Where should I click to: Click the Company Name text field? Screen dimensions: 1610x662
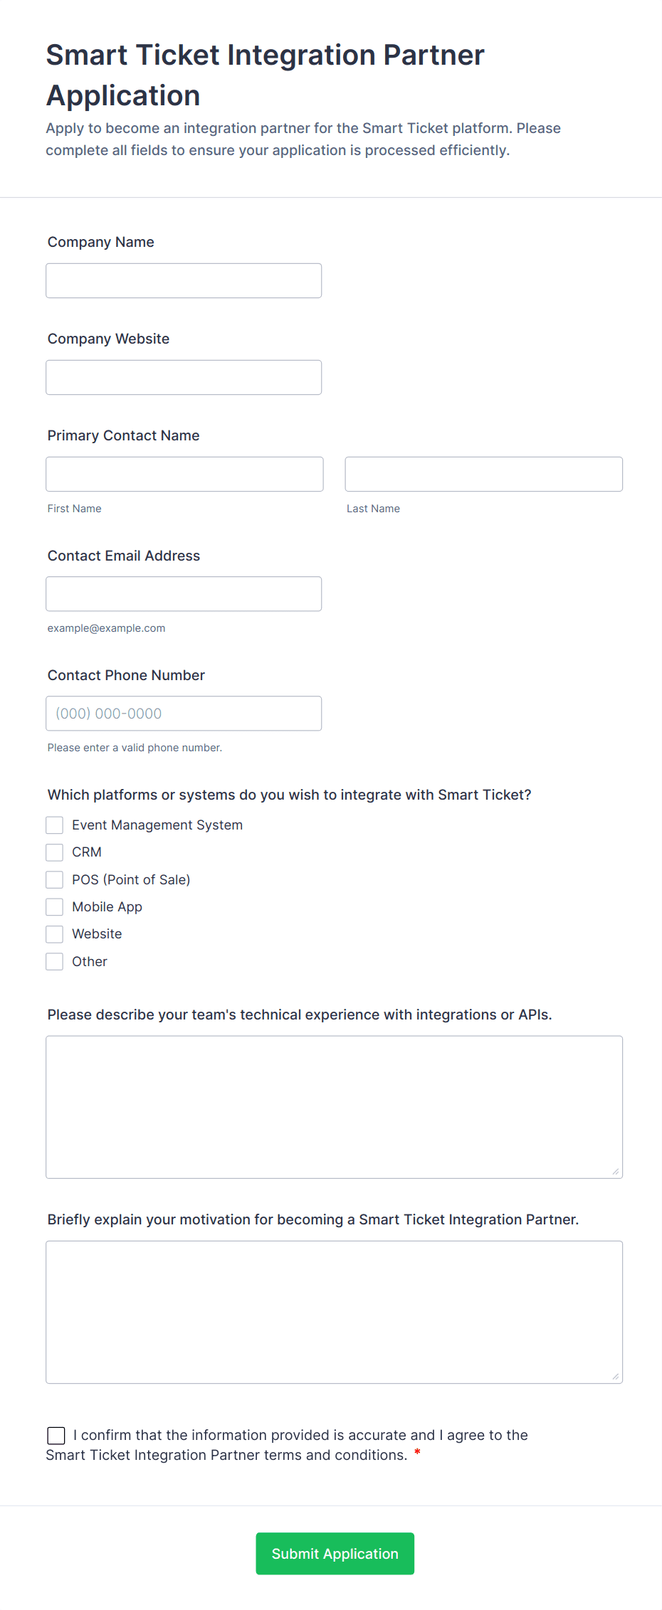(x=184, y=281)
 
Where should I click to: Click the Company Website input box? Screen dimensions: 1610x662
(x=184, y=378)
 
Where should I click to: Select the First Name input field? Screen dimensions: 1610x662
(x=184, y=475)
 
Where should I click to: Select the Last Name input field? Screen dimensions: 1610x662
(x=483, y=475)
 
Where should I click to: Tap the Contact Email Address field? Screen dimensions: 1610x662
(x=184, y=594)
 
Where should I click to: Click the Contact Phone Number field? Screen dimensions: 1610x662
(x=184, y=714)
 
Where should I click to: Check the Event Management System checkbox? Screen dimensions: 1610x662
(x=55, y=825)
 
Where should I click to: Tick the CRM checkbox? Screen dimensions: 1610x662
(x=55, y=852)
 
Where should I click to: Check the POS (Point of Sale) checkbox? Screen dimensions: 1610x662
(x=55, y=880)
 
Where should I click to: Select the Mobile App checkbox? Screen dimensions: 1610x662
(x=55, y=907)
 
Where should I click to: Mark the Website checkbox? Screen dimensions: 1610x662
(x=55, y=934)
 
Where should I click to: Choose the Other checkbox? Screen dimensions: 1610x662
(x=55, y=962)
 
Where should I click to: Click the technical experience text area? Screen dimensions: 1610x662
(x=334, y=1107)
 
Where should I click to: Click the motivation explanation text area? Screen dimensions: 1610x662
(x=334, y=1312)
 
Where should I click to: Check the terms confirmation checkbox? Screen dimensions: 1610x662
(x=56, y=1436)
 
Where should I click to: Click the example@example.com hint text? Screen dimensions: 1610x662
(x=106, y=628)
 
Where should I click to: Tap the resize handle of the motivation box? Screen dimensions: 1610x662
(x=615, y=1377)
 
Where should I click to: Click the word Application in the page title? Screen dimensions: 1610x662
(x=123, y=95)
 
